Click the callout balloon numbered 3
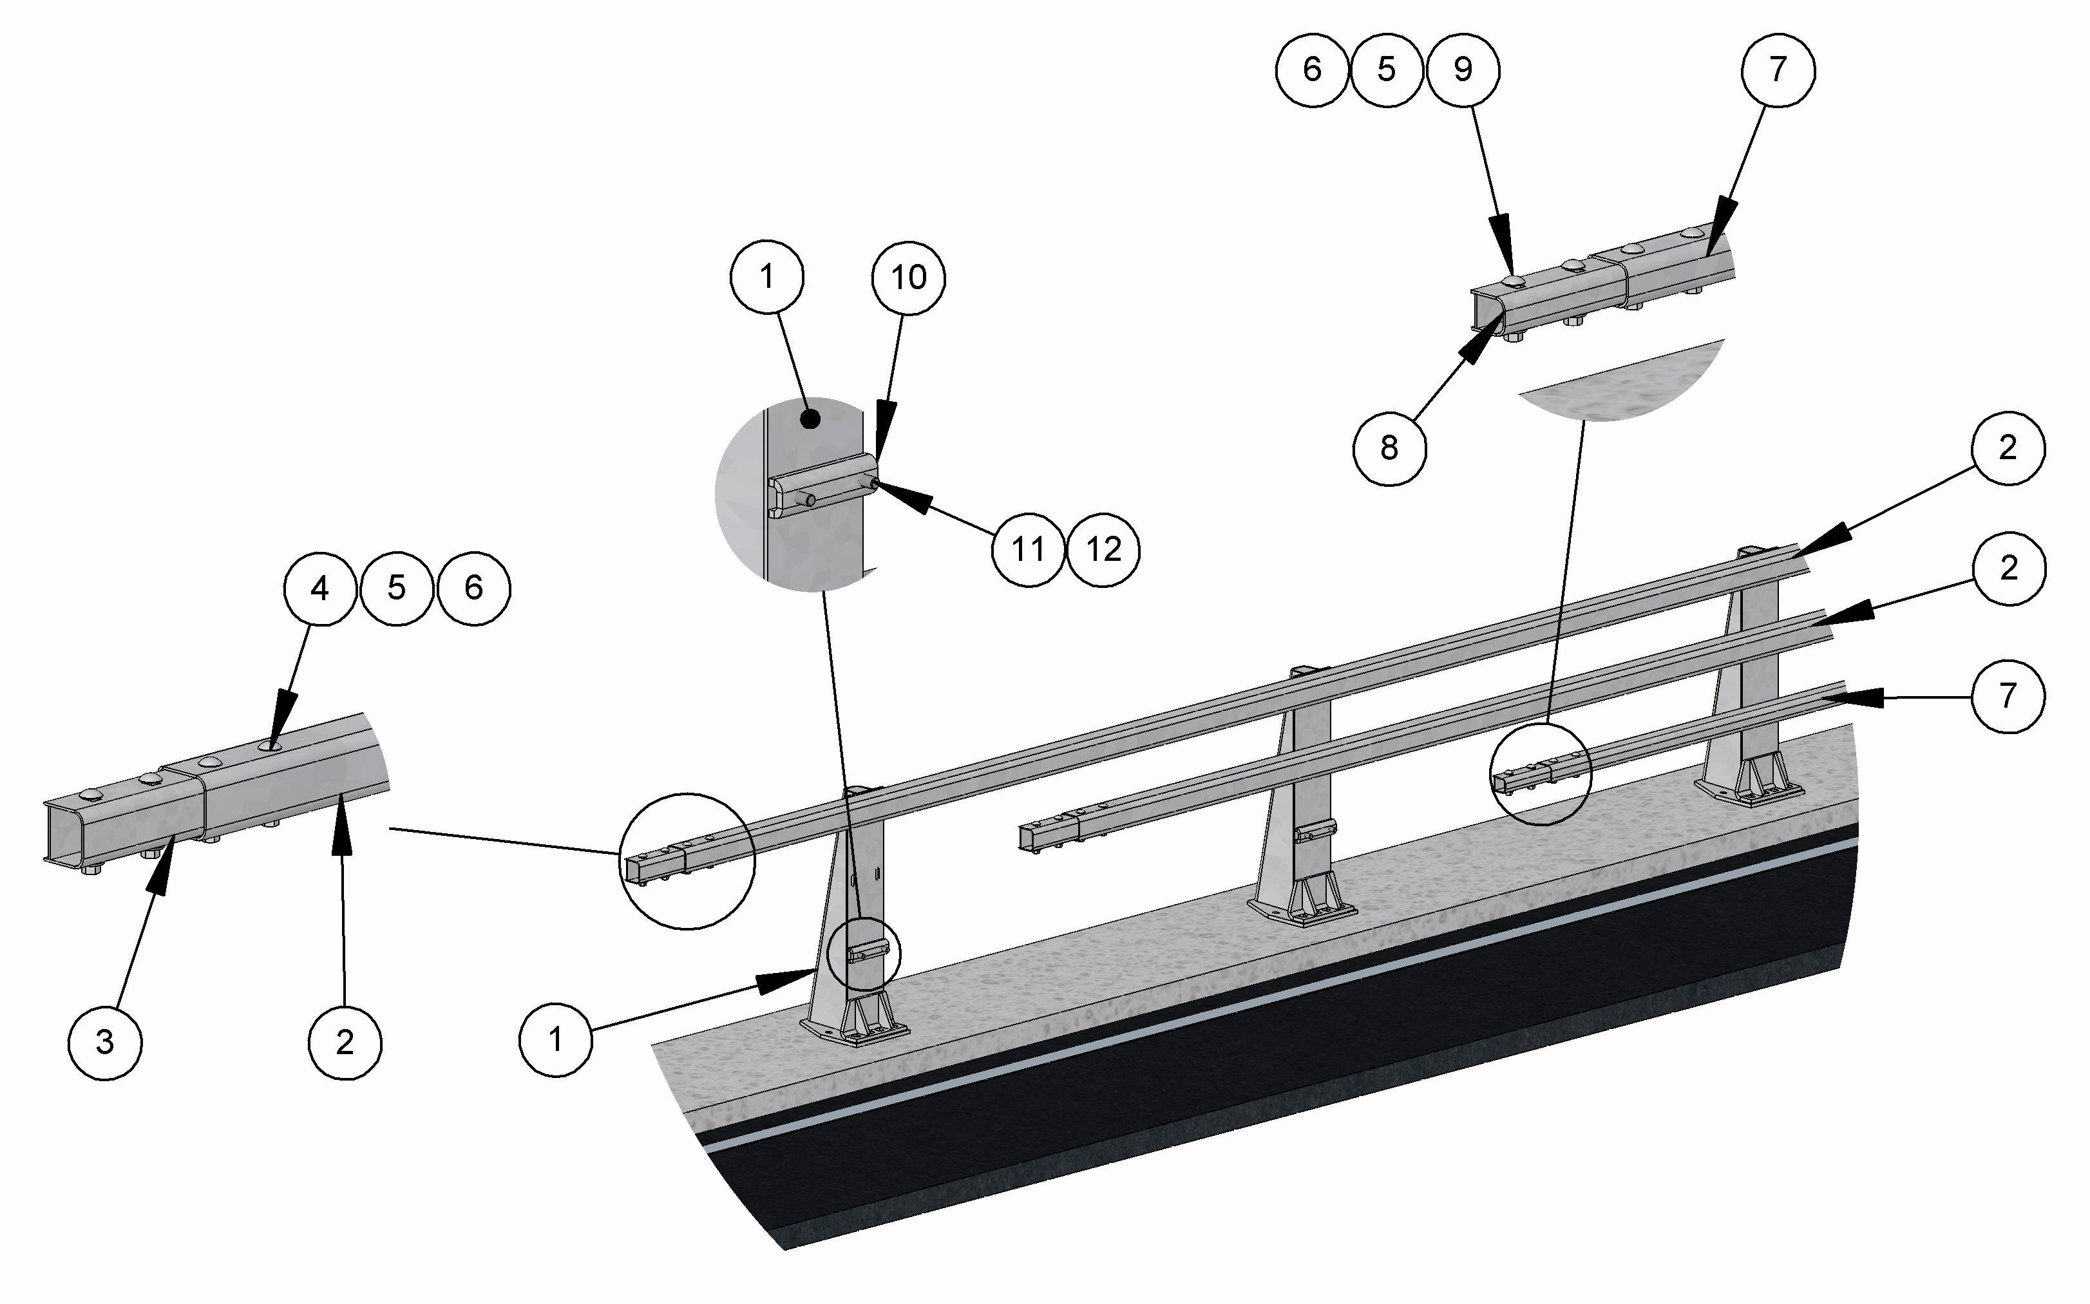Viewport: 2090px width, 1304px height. click(104, 1042)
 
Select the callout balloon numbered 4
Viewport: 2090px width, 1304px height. click(319, 588)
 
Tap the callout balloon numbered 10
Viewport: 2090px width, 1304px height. click(907, 278)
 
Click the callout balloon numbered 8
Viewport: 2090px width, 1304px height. click(1389, 448)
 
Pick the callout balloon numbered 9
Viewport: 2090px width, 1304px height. click(1463, 70)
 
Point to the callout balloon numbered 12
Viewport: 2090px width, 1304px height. click(1104, 549)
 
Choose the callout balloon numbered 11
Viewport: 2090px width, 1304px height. click(1027, 549)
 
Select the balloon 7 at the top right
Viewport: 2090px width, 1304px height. click(1778, 70)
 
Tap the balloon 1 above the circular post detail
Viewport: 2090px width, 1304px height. click(767, 277)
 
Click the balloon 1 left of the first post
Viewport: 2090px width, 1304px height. click(555, 1039)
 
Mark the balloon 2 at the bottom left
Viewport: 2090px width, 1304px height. click(344, 1042)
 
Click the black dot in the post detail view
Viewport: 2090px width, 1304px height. click(810, 420)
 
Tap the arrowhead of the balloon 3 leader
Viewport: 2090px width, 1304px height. click(161, 871)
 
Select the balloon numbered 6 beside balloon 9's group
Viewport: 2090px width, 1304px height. click(1312, 70)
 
